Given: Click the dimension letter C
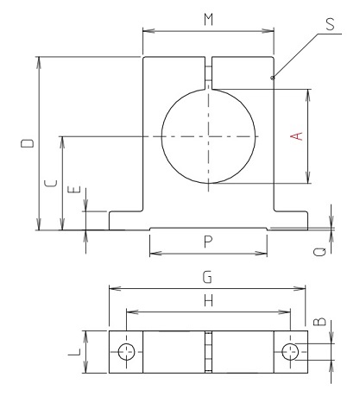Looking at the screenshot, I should pos(50,183).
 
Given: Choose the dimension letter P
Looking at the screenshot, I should pos(207,242).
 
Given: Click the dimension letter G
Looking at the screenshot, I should pos(207,278).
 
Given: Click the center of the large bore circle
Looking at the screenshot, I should pos(208,136).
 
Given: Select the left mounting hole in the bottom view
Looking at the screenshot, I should pos(126,351).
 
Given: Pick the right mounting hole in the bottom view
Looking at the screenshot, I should pos(291,351).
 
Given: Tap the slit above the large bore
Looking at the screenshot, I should pos(208,72).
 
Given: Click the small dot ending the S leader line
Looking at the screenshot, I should pos(273,79).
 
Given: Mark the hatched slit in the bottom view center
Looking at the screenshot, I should pos(208,351).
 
